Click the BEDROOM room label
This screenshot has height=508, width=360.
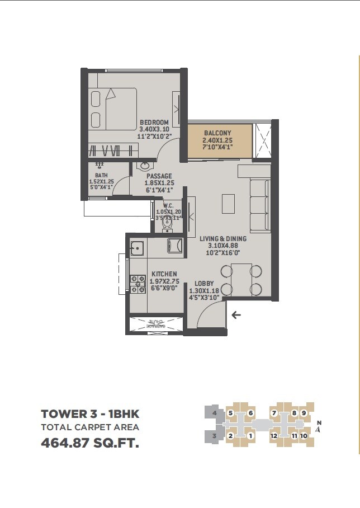tap(154, 123)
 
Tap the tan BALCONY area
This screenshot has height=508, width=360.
tap(216, 140)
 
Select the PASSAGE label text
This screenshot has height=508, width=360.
tap(159, 176)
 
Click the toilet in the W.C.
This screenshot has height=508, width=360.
tap(167, 223)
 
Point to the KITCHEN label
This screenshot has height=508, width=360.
tap(164, 274)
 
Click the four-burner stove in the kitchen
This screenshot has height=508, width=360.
tap(136, 284)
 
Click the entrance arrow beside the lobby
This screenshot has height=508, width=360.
tap(236, 315)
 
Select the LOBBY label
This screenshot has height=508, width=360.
tap(204, 284)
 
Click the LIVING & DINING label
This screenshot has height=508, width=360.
tap(223, 238)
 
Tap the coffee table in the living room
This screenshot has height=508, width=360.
tap(228, 203)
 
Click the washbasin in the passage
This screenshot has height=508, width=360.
tap(145, 166)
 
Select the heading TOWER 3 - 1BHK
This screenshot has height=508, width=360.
tap(90, 415)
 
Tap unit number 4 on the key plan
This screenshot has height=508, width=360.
tap(214, 413)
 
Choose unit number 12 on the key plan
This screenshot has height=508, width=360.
tap(274, 435)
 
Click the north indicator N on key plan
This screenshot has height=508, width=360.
tap(319, 423)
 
